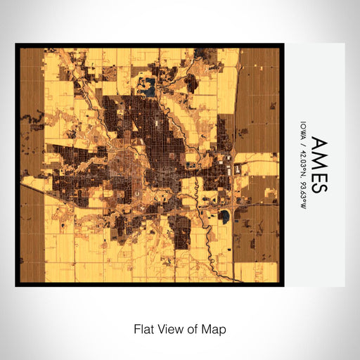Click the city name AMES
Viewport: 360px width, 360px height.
[x=317, y=165]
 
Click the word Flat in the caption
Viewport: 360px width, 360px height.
[x=143, y=328]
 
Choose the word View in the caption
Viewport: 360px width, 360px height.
[x=170, y=328]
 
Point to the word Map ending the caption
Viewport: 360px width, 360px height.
[x=214, y=328]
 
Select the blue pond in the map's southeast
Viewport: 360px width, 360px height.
[x=224, y=216]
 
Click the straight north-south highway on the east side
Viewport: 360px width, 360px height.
[x=233, y=105]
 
